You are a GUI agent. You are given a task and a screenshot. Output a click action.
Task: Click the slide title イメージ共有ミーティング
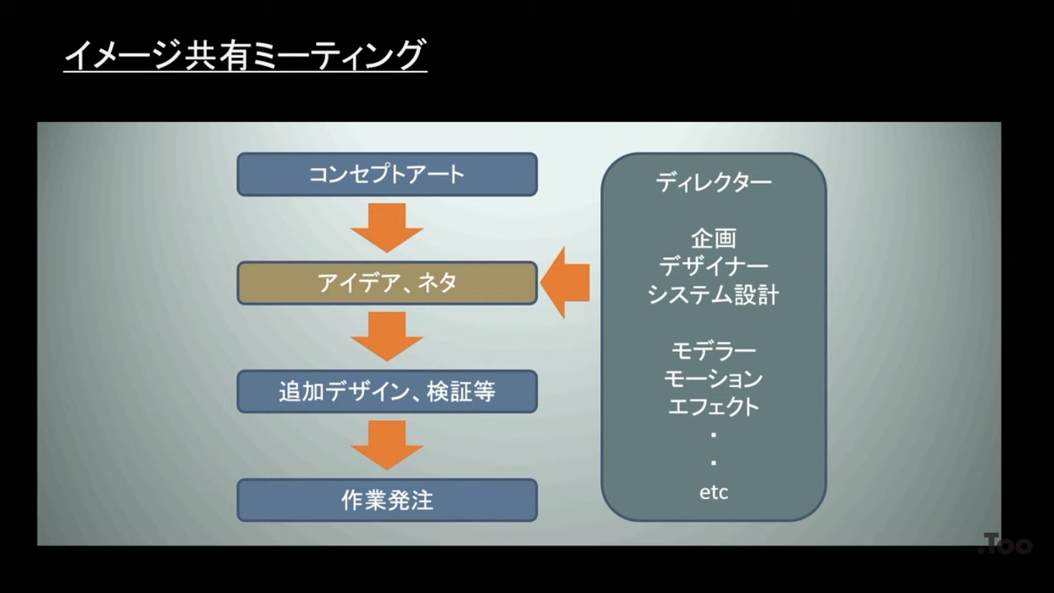tap(245, 55)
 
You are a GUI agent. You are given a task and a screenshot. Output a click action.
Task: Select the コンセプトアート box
tap(387, 174)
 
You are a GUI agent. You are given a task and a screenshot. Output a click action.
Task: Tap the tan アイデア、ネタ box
tap(387, 283)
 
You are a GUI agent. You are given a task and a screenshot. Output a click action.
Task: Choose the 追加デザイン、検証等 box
tap(387, 391)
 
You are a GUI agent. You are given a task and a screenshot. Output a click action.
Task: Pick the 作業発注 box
tap(387, 500)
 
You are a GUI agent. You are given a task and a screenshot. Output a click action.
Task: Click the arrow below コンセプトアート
tap(387, 226)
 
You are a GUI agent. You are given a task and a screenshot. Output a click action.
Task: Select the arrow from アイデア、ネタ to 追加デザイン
tap(387, 335)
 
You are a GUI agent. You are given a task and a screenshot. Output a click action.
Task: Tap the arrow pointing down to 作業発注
tap(387, 444)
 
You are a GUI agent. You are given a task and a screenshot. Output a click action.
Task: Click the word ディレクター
tap(713, 182)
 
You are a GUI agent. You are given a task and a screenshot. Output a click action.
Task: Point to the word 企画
tap(713, 238)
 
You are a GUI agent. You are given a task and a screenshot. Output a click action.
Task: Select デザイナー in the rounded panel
tap(713, 266)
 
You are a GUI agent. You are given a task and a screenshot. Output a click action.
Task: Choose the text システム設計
tap(713, 294)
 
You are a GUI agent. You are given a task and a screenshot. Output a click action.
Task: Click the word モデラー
tap(713, 350)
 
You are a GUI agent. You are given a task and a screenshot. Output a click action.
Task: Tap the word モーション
tap(713, 378)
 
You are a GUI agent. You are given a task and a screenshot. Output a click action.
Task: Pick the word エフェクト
tap(713, 406)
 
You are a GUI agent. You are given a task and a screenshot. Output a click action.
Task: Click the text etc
tap(713, 492)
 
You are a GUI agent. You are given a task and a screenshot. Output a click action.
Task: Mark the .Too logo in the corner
tap(1005, 545)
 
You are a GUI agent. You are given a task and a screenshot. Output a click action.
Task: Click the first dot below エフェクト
tap(713, 435)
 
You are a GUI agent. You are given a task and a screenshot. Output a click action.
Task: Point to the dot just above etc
tap(713, 463)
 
